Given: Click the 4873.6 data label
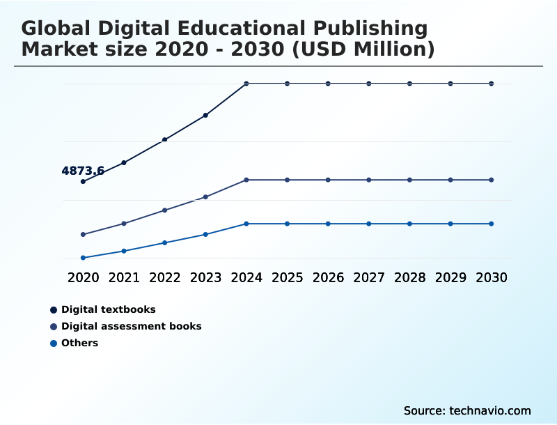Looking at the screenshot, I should tap(83, 171).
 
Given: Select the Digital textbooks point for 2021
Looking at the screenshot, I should tap(124, 162).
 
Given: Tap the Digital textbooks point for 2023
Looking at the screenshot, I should tap(205, 115).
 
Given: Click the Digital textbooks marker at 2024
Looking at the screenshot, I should tap(246, 84).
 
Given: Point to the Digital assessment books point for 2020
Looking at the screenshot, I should tap(83, 234).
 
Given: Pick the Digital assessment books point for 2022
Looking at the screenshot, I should tap(165, 210).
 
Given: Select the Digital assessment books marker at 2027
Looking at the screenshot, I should tap(369, 180).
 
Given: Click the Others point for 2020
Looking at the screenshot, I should tap(83, 258).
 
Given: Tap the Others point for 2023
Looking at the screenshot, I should tap(205, 234).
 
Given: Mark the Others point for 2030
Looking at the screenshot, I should tap(492, 224).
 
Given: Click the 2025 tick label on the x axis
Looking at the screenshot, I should tap(288, 277).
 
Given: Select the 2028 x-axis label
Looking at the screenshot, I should tap(410, 277).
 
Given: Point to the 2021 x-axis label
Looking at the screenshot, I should tap(124, 277).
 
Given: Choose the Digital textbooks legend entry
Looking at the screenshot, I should tap(108, 309).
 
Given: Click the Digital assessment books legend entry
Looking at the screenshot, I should tap(131, 326).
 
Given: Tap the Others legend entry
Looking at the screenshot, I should tap(79, 343).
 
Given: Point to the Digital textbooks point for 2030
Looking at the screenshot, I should tap(492, 84).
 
